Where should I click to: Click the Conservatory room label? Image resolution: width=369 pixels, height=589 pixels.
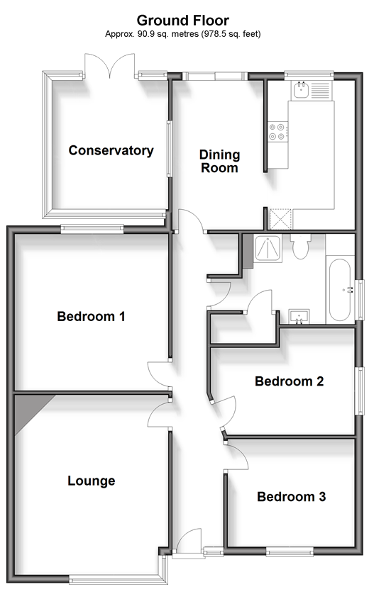point(111,151)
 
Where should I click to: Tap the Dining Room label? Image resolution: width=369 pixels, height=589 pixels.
point(220,161)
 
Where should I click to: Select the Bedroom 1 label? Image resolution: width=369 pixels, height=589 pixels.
point(91,316)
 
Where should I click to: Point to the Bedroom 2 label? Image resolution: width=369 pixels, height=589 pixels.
point(290,381)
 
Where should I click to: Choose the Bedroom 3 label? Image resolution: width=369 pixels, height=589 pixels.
point(292,497)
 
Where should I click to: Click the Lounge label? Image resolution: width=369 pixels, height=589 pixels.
point(92,481)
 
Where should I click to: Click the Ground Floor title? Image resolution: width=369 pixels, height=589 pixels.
point(183,21)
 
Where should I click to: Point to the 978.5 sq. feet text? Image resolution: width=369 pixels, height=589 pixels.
point(231,34)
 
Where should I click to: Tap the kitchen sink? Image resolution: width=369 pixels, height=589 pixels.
point(301,90)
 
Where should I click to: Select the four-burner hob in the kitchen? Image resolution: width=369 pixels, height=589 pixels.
point(278,132)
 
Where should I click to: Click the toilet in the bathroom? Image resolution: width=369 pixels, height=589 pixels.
point(301,247)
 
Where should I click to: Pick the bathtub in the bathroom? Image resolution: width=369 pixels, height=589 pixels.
point(340,290)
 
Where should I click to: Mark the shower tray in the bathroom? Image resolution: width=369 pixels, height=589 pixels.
point(268,248)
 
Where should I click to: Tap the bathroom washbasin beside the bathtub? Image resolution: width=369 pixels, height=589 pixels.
point(299,316)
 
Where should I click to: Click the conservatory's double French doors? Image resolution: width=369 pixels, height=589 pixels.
point(109,66)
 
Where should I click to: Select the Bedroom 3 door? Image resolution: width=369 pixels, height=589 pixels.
point(236,456)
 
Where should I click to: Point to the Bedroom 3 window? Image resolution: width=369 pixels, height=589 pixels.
point(290,551)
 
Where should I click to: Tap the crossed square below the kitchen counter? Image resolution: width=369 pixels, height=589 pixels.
point(280,220)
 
